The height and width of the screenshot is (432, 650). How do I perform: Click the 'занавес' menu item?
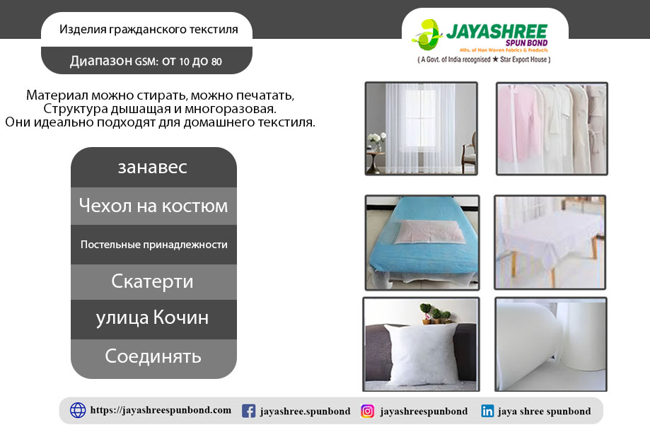[153, 167]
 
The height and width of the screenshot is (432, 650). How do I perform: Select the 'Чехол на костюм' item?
[153, 206]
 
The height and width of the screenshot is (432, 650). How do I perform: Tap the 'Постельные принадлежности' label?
[153, 245]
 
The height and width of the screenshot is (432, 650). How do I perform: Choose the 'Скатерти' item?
[153, 281]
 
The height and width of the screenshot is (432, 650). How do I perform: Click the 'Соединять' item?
[153, 357]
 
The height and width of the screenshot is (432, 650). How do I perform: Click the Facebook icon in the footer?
[249, 411]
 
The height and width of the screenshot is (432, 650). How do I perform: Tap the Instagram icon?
[367, 411]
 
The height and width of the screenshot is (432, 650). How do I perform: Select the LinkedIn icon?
[487, 411]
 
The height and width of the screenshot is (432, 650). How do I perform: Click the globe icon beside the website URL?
[78, 410]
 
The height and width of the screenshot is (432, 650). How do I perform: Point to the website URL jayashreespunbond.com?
[161, 410]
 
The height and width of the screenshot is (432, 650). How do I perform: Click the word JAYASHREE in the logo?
[497, 32]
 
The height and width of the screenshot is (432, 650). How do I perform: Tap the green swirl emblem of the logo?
[426, 34]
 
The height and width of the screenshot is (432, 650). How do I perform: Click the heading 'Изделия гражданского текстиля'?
[149, 30]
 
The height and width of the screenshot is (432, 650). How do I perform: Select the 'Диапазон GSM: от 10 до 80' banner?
[146, 61]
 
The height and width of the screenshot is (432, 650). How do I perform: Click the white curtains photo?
[421, 129]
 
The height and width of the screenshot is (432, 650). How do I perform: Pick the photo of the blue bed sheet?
[422, 243]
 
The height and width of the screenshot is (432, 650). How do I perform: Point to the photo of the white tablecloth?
[550, 243]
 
